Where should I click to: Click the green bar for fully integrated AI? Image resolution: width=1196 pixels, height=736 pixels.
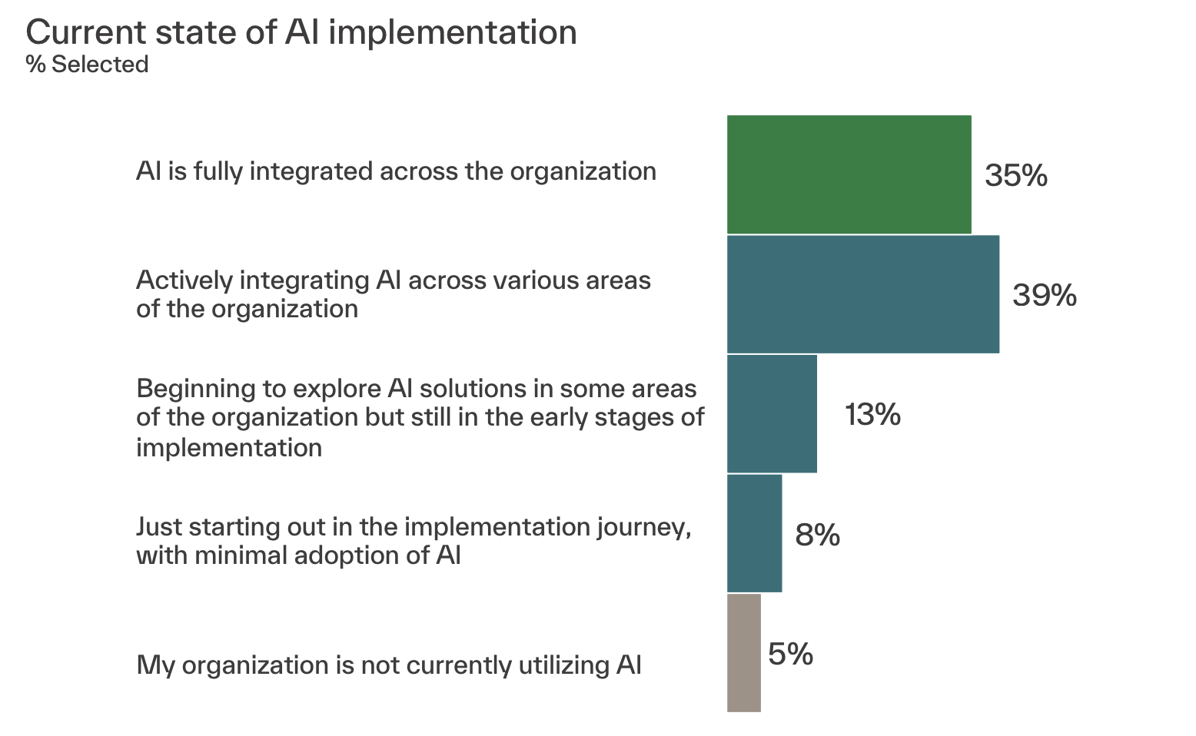tap(849, 174)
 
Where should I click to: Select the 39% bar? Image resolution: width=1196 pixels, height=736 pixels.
tap(863, 294)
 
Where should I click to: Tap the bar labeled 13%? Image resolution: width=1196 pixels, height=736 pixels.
tap(772, 413)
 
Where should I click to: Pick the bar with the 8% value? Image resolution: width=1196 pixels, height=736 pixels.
tap(755, 533)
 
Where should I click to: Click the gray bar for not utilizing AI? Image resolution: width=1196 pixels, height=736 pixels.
tap(744, 653)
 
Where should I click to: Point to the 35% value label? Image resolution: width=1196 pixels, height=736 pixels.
tap(1016, 175)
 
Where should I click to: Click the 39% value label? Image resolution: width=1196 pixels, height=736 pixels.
tap(1045, 294)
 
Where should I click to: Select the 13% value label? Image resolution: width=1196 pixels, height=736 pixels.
tap(872, 414)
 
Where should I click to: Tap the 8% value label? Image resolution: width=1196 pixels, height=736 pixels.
tap(817, 534)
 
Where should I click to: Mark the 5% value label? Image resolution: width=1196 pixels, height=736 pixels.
tap(791, 654)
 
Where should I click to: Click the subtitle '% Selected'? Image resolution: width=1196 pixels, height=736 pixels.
tap(87, 65)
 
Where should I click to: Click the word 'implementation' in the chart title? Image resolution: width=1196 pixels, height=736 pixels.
tap(453, 33)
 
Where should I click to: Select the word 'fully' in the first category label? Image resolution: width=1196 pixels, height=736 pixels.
tap(218, 172)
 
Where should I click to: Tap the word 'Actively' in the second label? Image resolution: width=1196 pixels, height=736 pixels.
tap(184, 280)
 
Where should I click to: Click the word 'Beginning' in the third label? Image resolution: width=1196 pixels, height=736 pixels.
tap(195, 390)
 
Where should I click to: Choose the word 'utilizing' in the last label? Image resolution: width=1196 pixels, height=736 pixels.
tap(564, 665)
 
